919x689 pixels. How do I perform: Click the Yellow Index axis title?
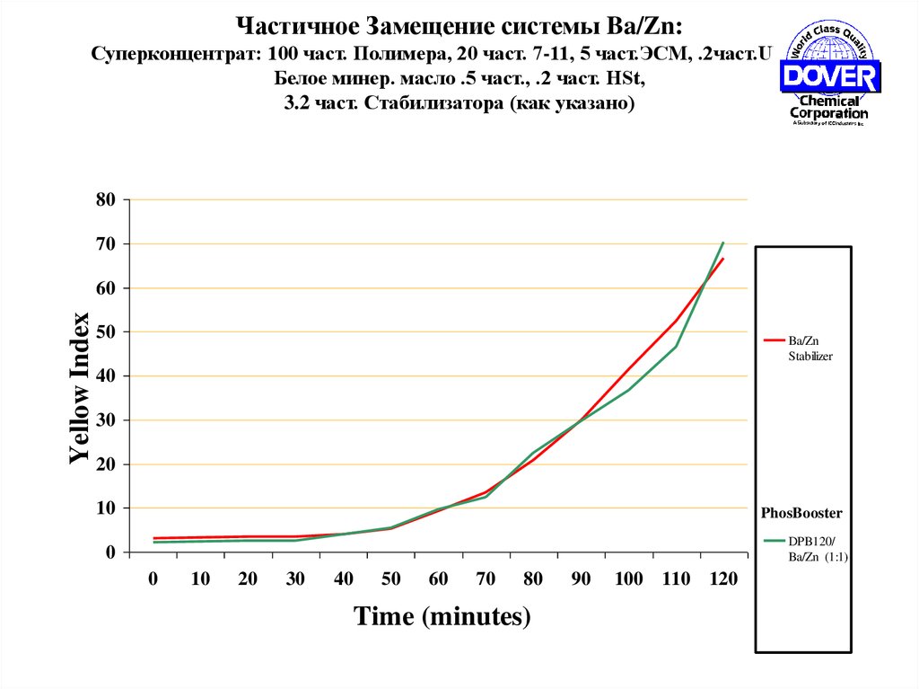coord(80,387)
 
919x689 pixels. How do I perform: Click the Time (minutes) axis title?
coord(442,617)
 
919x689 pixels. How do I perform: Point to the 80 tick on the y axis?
coord(106,199)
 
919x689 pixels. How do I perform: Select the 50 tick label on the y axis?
coord(106,331)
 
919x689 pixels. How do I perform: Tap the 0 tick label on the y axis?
coord(110,552)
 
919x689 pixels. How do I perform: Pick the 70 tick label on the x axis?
coord(486,579)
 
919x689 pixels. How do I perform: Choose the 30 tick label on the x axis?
coord(295,579)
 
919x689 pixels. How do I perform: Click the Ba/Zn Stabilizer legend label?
coord(810,349)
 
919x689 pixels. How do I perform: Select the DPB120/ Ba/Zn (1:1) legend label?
coord(818,549)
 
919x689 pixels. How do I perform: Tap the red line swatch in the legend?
coord(774,341)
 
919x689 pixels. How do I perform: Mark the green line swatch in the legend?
coord(774,541)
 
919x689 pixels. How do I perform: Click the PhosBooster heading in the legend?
coord(801,514)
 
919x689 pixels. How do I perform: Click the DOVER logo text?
coord(828,76)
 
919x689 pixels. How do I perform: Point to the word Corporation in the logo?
coord(828,114)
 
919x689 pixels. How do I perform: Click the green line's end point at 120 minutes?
coord(723,243)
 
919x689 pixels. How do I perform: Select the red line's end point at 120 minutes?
coord(723,259)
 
